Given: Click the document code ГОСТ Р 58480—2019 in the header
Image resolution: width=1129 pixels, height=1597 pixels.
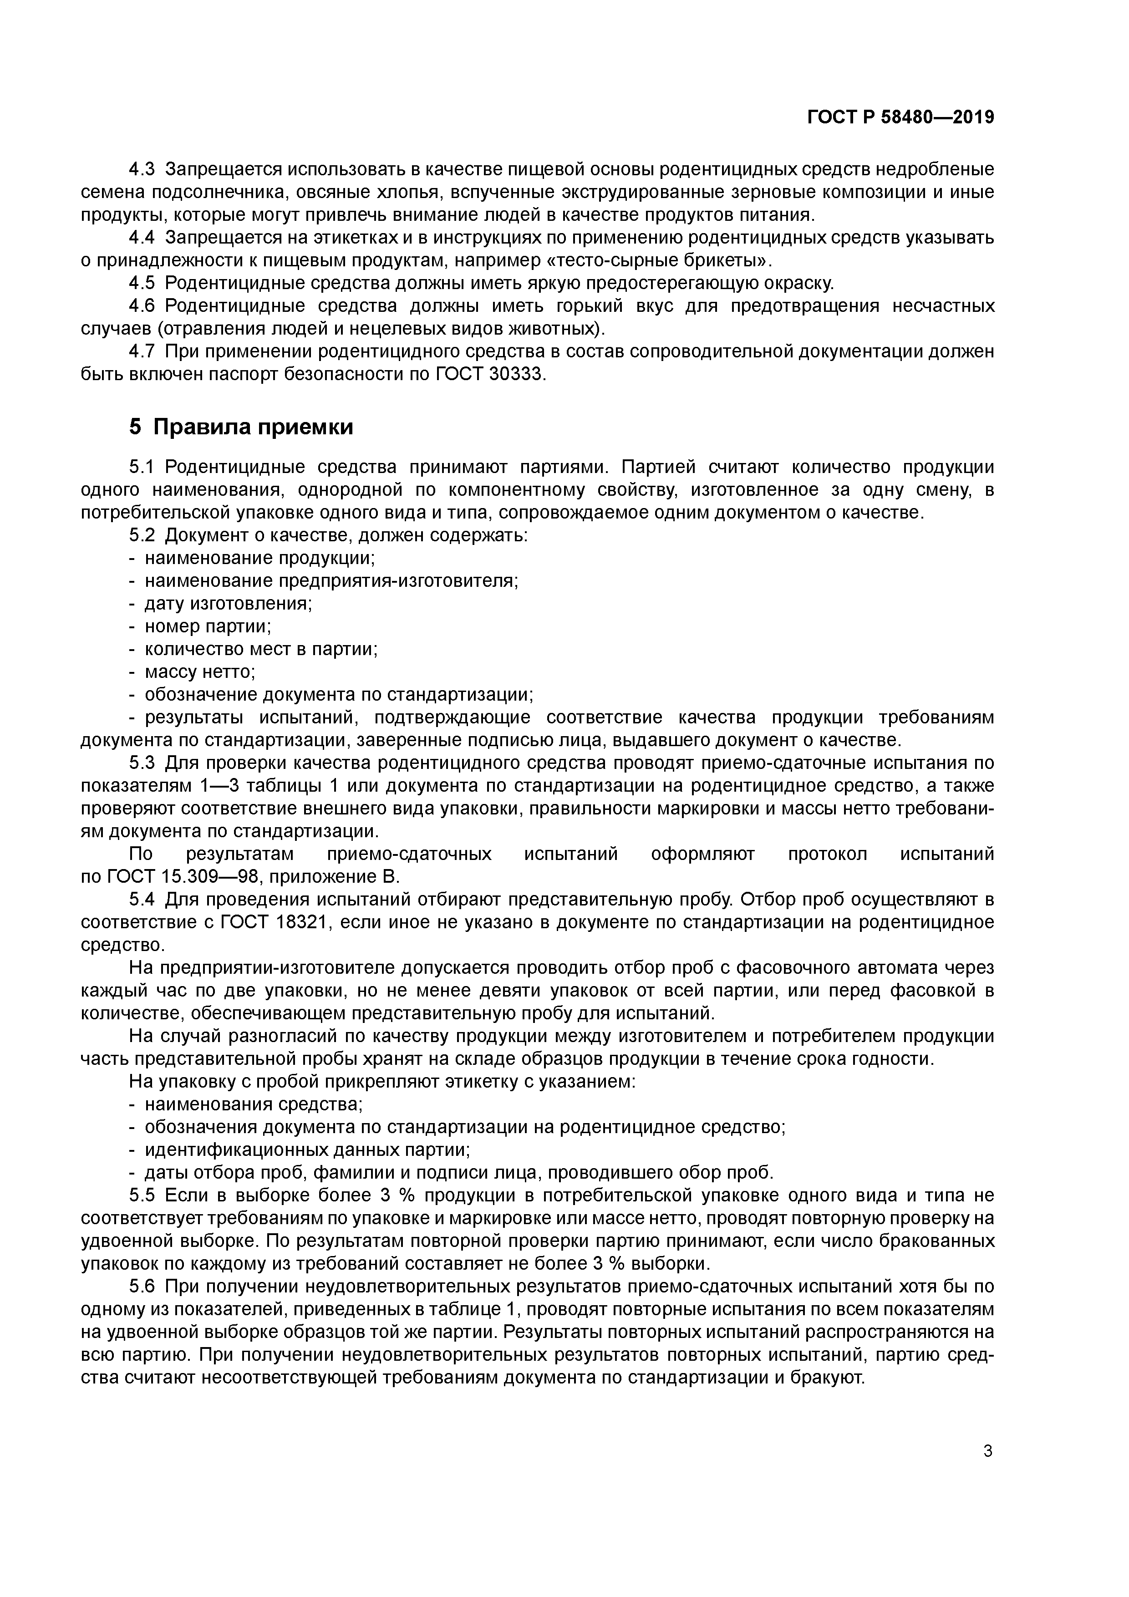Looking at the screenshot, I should click(901, 117).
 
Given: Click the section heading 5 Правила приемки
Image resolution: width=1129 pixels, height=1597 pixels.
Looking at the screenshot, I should click(241, 427).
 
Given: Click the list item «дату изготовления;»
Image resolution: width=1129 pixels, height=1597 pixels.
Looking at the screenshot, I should click(228, 603).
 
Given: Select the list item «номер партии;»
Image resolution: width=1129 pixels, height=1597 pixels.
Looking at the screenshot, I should click(207, 626).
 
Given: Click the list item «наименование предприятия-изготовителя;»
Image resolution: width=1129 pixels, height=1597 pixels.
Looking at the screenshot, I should click(331, 580).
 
